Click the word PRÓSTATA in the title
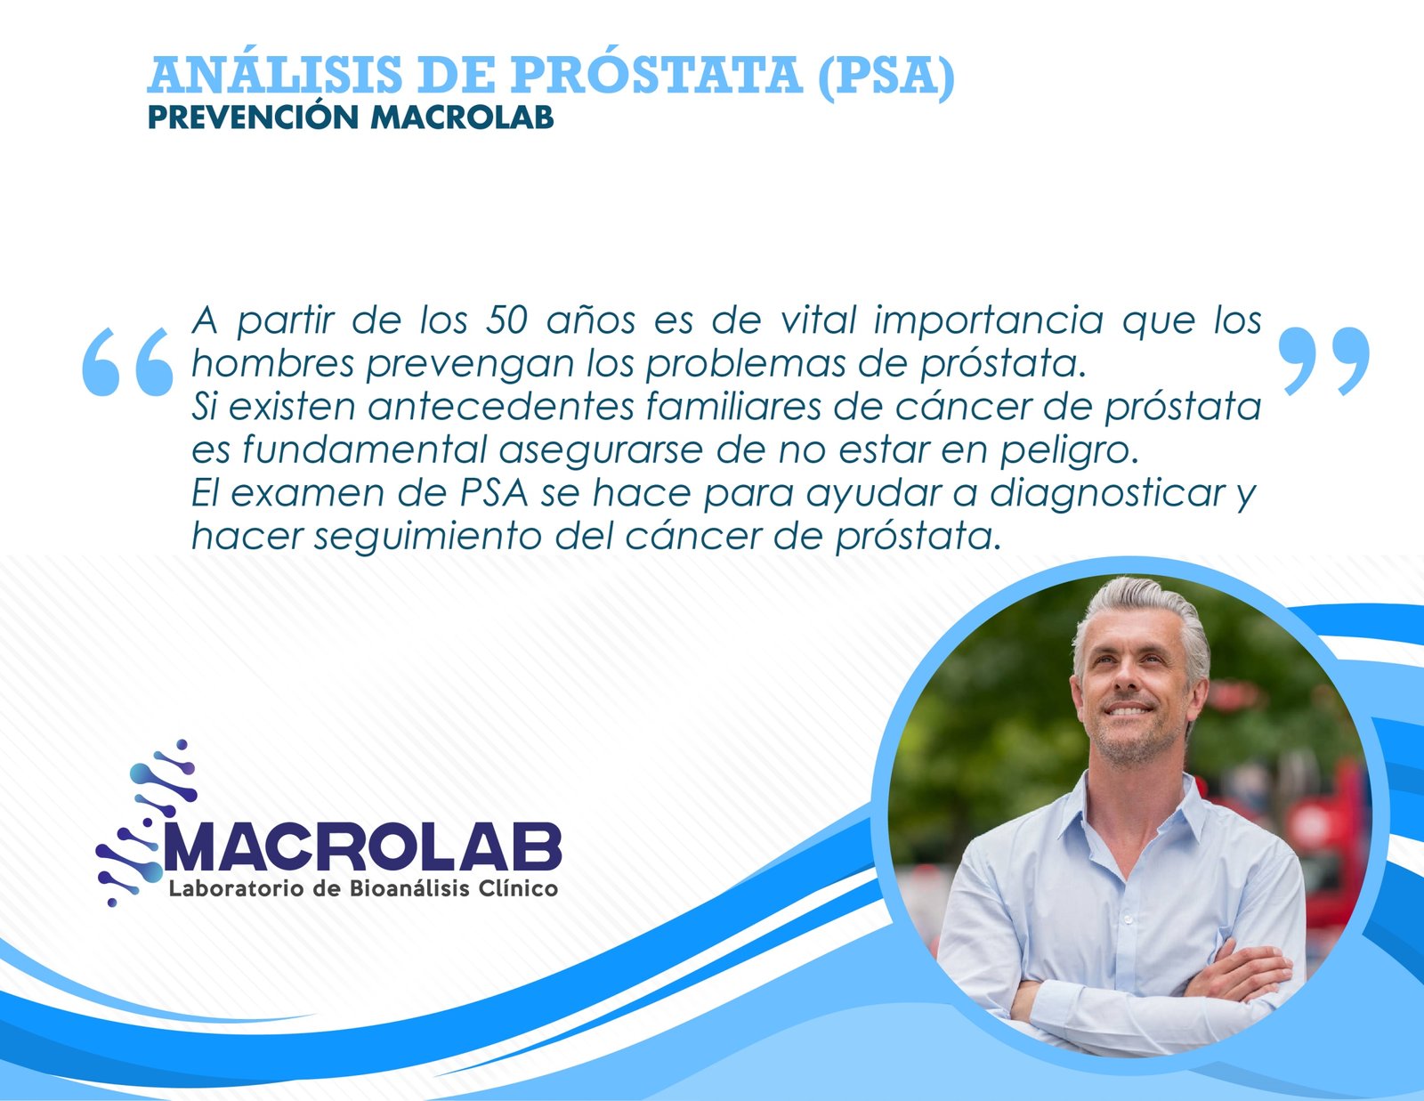click(x=656, y=76)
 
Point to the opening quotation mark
click(x=126, y=360)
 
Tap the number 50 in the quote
click(x=506, y=320)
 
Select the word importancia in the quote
click(x=988, y=320)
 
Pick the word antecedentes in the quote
click(x=500, y=407)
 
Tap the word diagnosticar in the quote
click(x=1107, y=493)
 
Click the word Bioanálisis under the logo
click(x=409, y=888)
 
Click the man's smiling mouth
click(x=1129, y=710)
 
